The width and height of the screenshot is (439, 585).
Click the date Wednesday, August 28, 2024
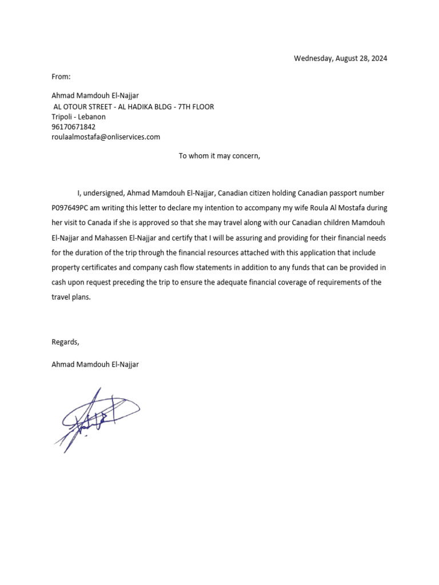(340, 58)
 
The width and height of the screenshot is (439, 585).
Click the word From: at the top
(61, 76)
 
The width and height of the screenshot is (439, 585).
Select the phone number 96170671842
(74, 127)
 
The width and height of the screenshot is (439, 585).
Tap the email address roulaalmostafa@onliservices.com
(106, 137)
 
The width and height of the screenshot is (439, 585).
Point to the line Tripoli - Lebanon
(78, 117)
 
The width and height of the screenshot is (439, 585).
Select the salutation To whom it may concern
(219, 155)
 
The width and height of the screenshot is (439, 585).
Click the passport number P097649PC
(69, 208)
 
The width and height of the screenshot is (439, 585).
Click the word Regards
(65, 342)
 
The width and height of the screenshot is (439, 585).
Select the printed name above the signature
(95, 364)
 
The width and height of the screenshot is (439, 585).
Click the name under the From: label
(95, 96)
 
